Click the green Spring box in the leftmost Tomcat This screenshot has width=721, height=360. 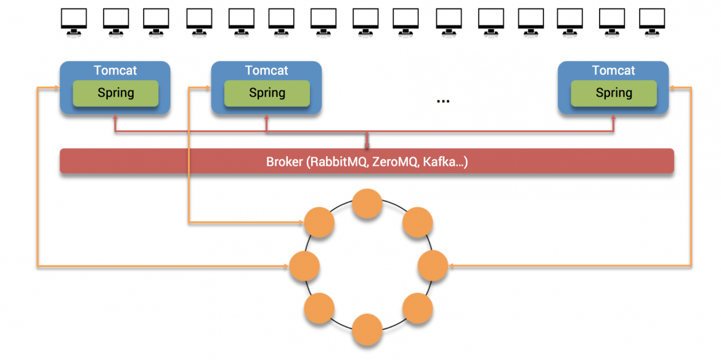tap(115, 93)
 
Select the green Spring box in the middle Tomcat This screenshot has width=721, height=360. tap(267, 93)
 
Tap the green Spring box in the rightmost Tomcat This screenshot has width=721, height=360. tap(614, 93)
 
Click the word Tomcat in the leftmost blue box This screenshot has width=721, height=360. tap(115, 70)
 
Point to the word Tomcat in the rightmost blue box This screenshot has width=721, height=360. tap(614, 70)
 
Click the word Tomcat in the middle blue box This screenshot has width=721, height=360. tap(267, 70)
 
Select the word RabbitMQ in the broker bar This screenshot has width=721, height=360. tap(336, 162)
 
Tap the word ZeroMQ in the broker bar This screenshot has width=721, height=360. tap(394, 162)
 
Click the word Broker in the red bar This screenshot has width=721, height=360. tap(285, 162)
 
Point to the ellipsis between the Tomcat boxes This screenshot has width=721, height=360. tap(442, 100)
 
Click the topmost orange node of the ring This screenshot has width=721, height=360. tap(367, 204)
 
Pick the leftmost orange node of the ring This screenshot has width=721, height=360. tap(304, 266)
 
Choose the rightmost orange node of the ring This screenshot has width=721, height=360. tap(433, 266)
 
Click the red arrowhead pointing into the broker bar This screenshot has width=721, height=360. tap(367, 146)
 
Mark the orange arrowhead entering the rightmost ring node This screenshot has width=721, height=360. tap(451, 266)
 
